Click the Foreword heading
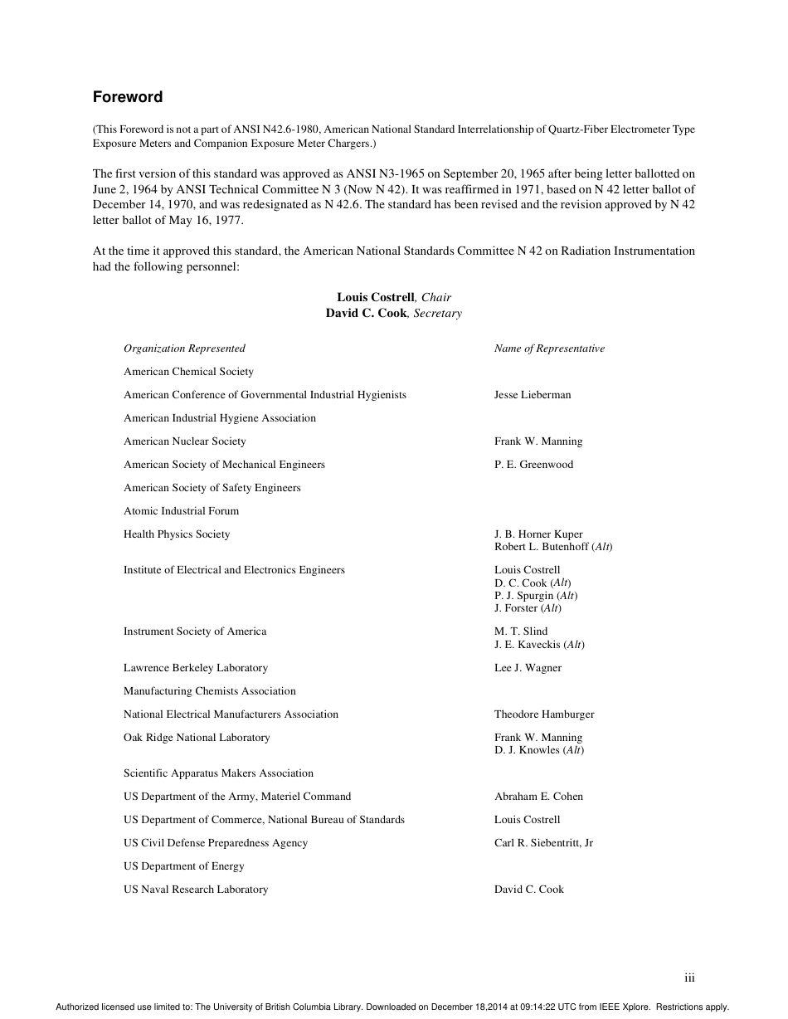coord(128,97)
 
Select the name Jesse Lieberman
coord(533,395)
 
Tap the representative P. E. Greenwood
coord(533,465)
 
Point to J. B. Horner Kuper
coord(538,534)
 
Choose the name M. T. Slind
coord(521,631)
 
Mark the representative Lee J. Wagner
coord(528,668)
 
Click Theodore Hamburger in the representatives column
coord(544,714)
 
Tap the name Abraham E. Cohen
coord(538,797)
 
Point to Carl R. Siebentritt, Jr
coord(543,843)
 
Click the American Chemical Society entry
coord(188,372)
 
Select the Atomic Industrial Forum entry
coord(181,511)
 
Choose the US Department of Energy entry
coord(184,866)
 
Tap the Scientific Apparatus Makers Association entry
coord(218,773)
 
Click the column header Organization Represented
coord(184,349)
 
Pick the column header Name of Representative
coord(549,349)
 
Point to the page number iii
coord(689,978)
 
